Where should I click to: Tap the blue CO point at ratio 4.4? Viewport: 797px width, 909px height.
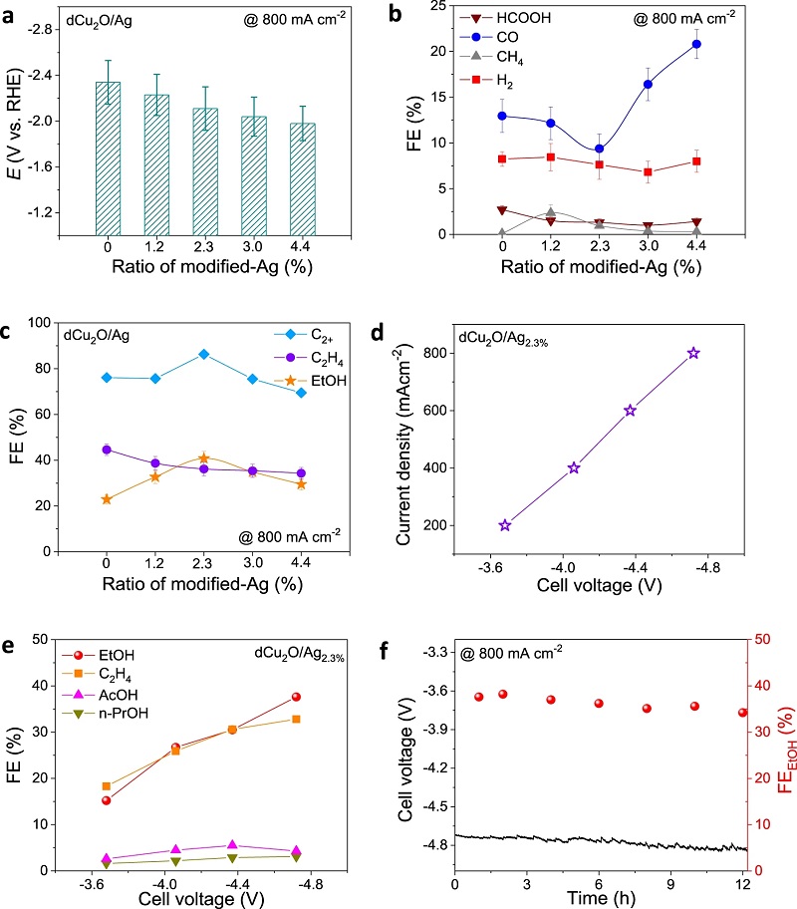coord(694,44)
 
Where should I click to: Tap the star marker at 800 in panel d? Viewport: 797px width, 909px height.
coord(693,353)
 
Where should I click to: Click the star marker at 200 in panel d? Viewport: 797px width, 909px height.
coord(505,525)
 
